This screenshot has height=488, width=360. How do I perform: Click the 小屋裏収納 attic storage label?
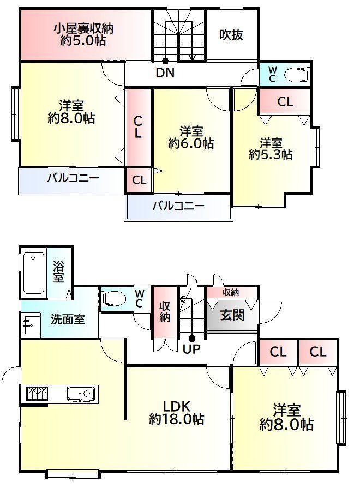coord(83,34)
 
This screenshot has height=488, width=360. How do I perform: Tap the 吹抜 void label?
coord(231,35)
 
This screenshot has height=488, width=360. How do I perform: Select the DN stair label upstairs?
coord(165,73)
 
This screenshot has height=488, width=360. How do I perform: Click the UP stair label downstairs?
coord(191,349)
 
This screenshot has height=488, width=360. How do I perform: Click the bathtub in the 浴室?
coord(33,273)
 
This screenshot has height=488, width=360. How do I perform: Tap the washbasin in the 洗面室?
coord(32,324)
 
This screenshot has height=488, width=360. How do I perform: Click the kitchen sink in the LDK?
coord(81,394)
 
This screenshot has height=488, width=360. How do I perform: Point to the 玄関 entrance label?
coord(232,315)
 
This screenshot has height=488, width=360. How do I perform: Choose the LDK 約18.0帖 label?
coord(177,413)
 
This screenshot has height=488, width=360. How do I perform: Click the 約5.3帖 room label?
coord(271,149)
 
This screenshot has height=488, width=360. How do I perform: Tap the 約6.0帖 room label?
coord(191,137)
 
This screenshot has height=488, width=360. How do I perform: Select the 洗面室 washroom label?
coord(68,319)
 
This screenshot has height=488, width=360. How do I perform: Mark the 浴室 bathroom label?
coord(58,272)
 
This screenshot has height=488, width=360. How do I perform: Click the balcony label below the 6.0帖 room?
coord(178,206)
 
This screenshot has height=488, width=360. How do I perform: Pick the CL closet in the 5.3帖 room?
coord(285,101)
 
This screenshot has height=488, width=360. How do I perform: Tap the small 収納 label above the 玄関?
coord(231,292)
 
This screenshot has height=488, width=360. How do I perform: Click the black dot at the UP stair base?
coord(192,338)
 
